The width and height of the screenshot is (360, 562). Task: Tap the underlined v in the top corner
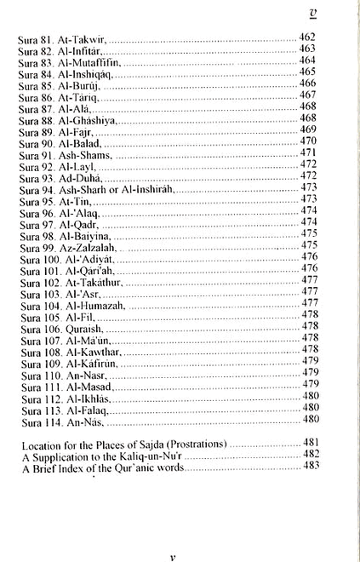click(x=336, y=13)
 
